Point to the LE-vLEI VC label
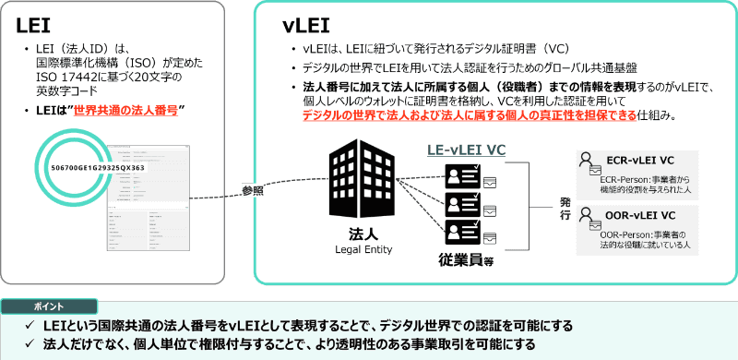[465, 150]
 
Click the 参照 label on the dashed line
[253, 190]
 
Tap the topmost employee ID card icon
[462, 175]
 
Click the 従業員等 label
[466, 260]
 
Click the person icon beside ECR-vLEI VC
[585, 161]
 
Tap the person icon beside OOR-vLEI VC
[585, 217]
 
